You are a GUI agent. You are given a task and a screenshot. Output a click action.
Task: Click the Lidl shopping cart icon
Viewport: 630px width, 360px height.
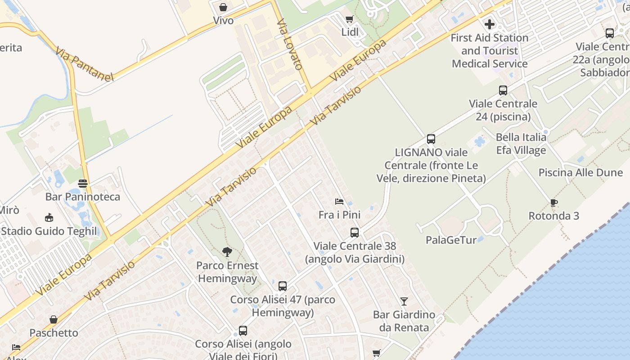coord(349,19)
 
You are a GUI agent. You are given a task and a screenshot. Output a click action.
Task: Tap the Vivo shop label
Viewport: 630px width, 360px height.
coord(223,20)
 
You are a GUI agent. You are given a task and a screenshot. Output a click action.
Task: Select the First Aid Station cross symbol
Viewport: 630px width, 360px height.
coord(490,24)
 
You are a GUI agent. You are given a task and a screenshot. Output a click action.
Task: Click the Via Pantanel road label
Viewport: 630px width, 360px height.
coord(85,64)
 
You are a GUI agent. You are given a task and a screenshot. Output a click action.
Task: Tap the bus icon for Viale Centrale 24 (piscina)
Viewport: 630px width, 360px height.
coord(503,90)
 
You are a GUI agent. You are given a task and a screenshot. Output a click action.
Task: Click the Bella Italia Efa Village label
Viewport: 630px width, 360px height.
coord(521,144)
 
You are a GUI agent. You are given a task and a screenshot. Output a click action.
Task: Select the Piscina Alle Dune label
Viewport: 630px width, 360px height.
coord(580,173)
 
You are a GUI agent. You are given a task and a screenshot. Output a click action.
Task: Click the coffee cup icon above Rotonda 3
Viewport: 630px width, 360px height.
coord(554,203)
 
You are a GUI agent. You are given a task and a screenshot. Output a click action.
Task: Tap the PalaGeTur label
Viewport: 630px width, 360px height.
coord(451,240)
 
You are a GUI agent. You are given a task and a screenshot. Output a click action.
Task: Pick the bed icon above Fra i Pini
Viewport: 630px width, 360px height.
coord(339,202)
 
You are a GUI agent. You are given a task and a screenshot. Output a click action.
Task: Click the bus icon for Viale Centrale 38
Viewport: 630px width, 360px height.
coord(355,233)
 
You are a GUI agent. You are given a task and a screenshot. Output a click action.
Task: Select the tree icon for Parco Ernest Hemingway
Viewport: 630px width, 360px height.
coord(227,252)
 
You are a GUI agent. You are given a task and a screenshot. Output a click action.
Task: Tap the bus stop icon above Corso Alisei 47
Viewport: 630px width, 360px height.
coord(283,286)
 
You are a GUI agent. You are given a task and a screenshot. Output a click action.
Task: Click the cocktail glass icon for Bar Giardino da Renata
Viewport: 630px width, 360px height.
coord(404,301)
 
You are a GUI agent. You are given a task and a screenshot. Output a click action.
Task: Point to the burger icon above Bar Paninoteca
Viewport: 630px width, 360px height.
coord(83,184)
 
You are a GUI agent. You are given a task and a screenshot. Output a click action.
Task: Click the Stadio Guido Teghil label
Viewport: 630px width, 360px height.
coord(49,231)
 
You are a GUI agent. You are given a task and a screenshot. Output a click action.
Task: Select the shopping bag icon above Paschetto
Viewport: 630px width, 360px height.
coord(54,319)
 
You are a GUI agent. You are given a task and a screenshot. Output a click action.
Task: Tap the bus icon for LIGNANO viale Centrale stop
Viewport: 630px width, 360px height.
coord(431,139)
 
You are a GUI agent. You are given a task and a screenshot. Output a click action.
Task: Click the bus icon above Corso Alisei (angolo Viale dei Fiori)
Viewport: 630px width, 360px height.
coord(243,331)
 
